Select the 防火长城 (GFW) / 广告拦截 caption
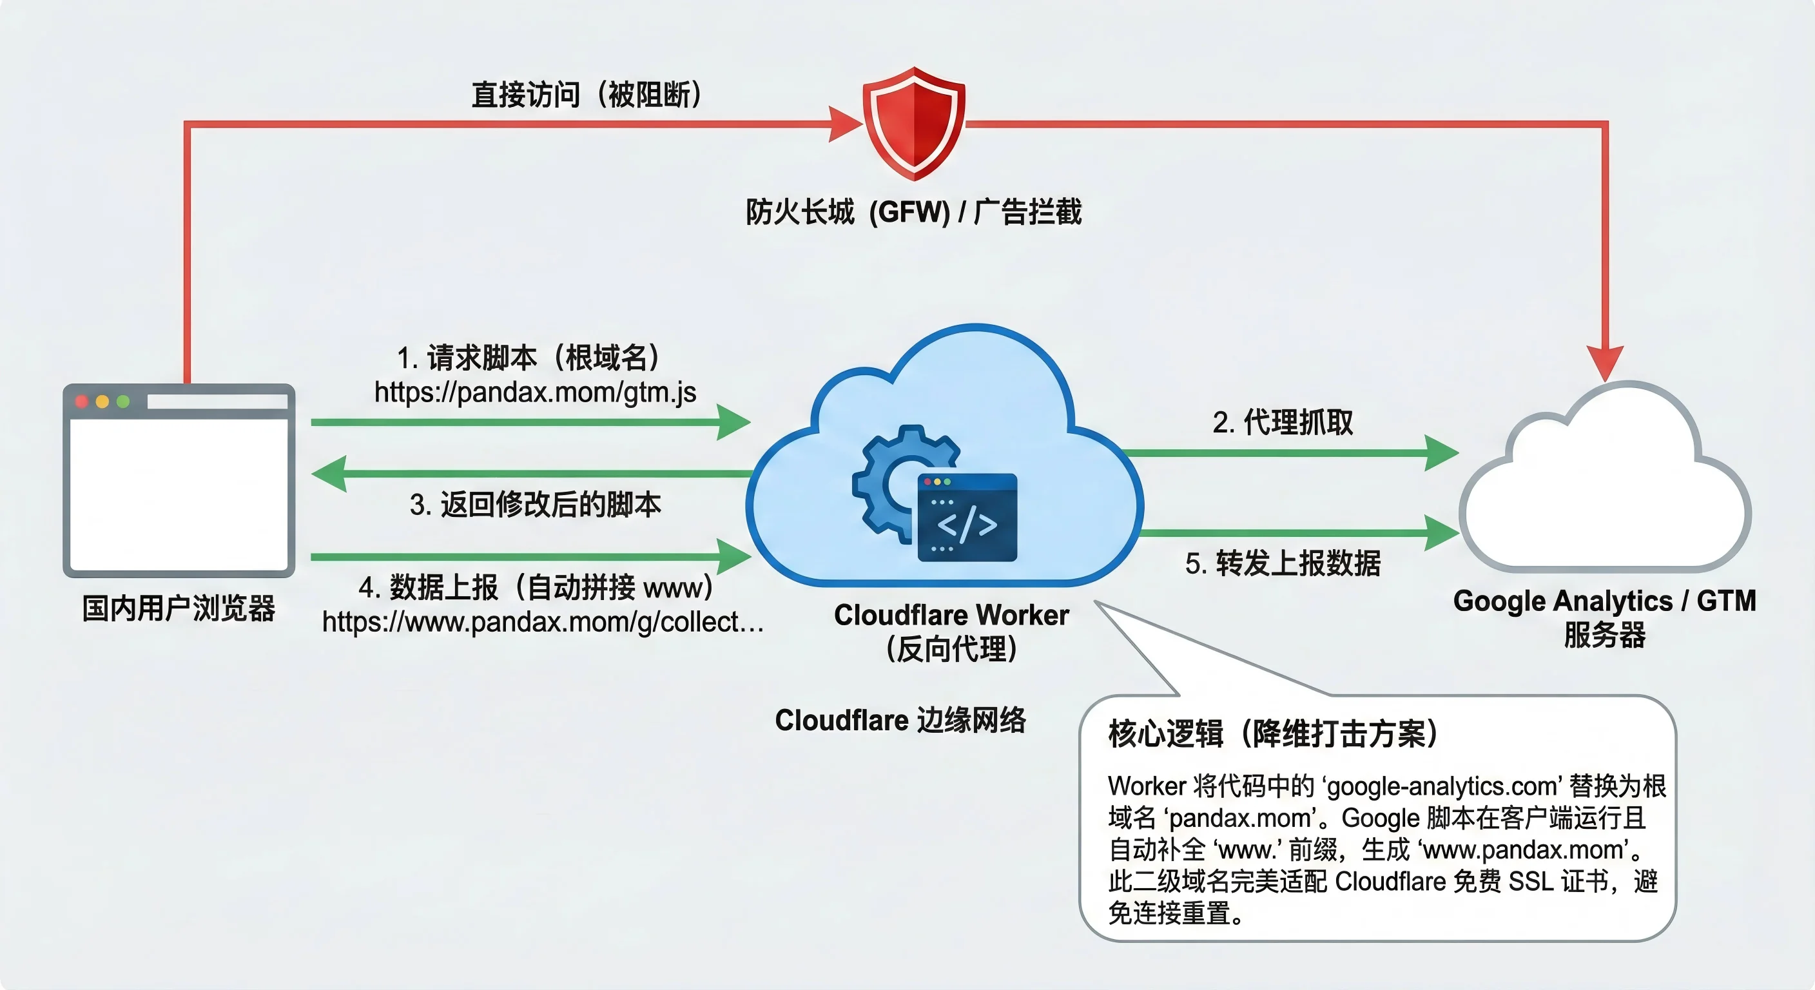point(914,211)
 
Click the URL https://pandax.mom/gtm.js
point(535,392)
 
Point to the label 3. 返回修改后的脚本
point(535,505)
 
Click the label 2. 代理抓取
point(1283,422)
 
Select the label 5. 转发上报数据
point(1283,563)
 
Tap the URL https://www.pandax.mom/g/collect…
point(543,621)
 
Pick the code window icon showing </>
point(967,519)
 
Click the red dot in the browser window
point(82,401)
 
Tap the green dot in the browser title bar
point(123,401)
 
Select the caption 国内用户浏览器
point(179,608)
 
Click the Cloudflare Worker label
point(951,615)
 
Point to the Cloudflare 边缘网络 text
point(900,720)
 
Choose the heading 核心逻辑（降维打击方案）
point(1273,733)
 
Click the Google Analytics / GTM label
point(1604,601)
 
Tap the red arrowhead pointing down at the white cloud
point(1604,363)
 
